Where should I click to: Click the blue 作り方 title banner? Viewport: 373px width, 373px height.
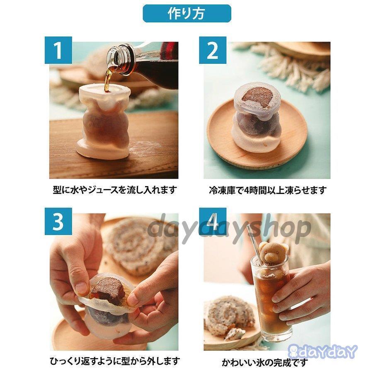coord(186,14)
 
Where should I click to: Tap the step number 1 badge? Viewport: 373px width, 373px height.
coord(58,50)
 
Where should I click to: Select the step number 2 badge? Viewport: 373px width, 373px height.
coord(213,50)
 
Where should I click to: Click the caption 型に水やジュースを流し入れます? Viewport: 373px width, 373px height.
coord(114,190)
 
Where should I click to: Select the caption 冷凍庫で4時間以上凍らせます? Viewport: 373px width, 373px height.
coord(267,190)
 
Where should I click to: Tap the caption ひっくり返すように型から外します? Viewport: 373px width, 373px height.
coord(114,361)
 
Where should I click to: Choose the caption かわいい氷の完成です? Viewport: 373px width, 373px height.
coord(265,362)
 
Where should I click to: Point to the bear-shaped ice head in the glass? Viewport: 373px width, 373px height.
coord(273,254)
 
